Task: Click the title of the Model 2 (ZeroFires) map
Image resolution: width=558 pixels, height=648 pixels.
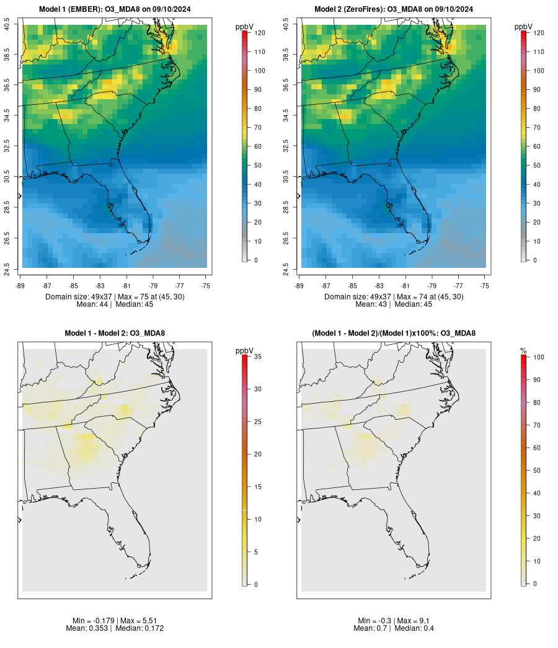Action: (x=394, y=9)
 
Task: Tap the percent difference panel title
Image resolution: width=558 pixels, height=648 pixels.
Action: (x=394, y=334)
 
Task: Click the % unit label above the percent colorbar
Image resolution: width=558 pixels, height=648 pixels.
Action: (x=523, y=351)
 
